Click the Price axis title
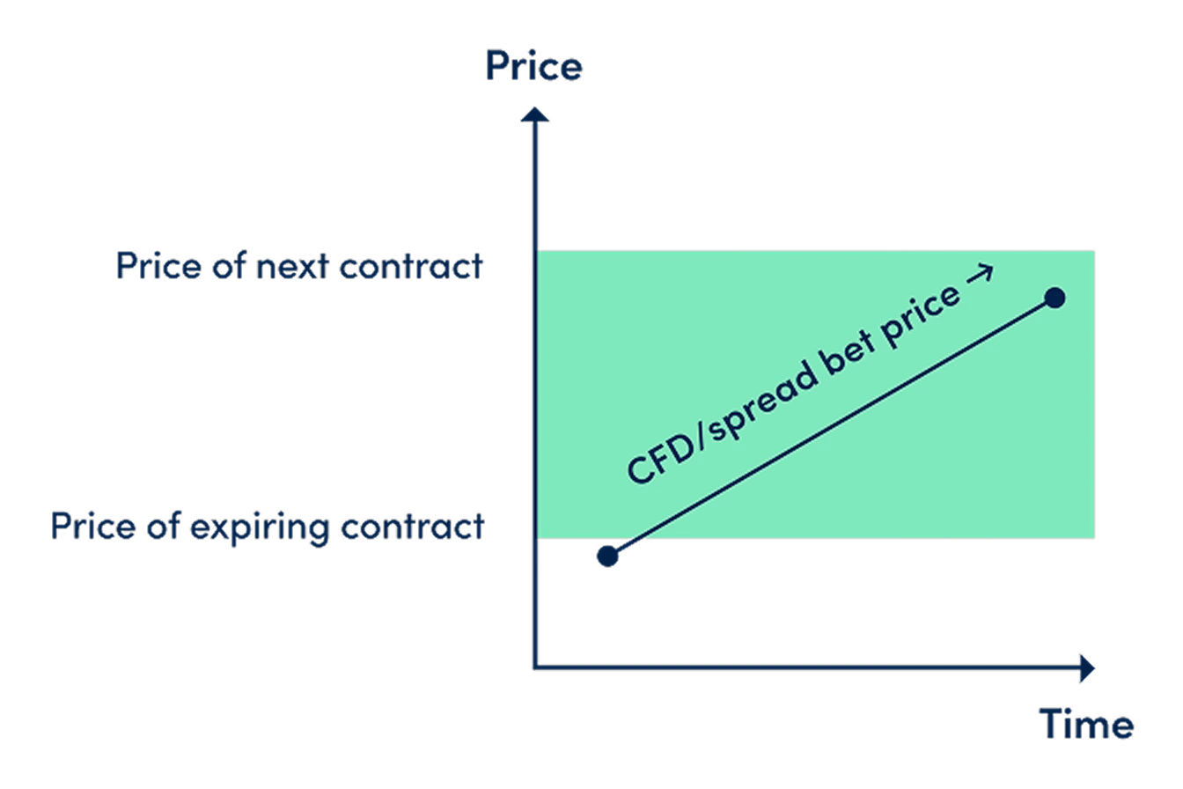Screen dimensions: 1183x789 tap(533, 66)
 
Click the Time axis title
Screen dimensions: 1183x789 tap(1086, 724)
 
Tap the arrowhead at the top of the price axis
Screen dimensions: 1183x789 tap(534, 114)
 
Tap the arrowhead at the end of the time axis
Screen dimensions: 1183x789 tap(1087, 668)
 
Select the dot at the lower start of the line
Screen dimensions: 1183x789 tap(607, 556)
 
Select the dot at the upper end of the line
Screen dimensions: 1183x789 tap(1054, 298)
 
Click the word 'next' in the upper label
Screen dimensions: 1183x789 tap(292, 266)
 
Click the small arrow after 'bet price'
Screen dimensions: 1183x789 tap(980, 274)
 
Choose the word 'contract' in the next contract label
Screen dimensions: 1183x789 tap(411, 266)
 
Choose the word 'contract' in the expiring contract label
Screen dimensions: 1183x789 tap(413, 527)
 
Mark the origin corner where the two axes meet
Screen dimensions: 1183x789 tap(535, 668)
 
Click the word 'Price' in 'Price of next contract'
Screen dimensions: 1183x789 tap(158, 265)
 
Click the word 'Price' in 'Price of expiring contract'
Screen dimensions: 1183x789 tap(93, 527)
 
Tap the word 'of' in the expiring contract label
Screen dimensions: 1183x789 tap(163, 526)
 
